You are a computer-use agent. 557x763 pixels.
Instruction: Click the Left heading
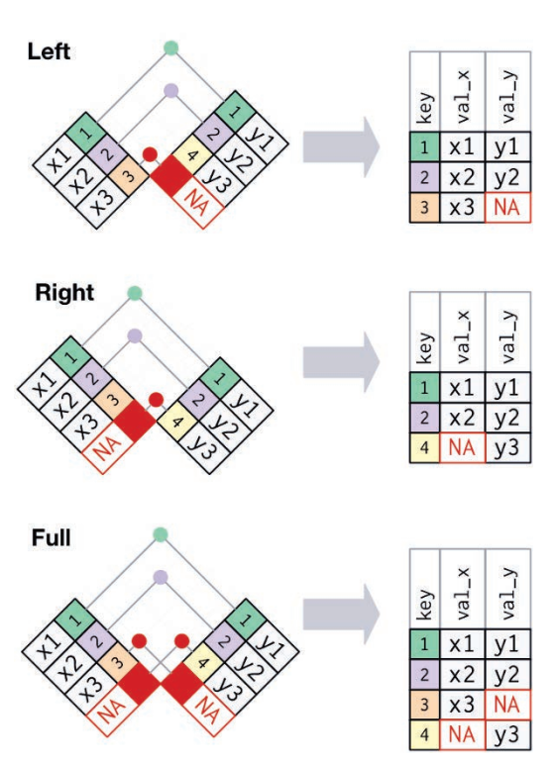(x=49, y=51)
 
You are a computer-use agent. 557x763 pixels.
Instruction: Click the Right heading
(x=64, y=293)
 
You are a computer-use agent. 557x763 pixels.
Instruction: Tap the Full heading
(x=52, y=537)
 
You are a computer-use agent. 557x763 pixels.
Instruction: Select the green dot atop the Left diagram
(x=170, y=48)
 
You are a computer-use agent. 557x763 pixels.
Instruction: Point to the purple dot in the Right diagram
(x=135, y=335)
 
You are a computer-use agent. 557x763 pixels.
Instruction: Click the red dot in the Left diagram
(x=150, y=154)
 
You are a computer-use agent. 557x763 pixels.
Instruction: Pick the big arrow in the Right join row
(x=341, y=362)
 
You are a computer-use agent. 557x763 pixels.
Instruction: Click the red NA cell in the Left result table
(x=507, y=208)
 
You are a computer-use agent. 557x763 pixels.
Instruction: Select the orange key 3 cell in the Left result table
(x=424, y=208)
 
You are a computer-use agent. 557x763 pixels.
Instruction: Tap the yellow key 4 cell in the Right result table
(x=424, y=447)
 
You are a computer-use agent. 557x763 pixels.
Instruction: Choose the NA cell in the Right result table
(x=463, y=447)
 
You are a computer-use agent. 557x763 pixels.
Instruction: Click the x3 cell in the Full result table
(x=463, y=705)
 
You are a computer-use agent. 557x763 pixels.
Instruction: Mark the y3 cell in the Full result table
(x=507, y=734)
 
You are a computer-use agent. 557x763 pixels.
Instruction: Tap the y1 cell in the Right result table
(x=507, y=387)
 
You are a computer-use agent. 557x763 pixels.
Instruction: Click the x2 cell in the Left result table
(x=463, y=177)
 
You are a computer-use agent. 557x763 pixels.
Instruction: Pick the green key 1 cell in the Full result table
(x=424, y=644)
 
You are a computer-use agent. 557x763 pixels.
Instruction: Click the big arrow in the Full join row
(x=341, y=615)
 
